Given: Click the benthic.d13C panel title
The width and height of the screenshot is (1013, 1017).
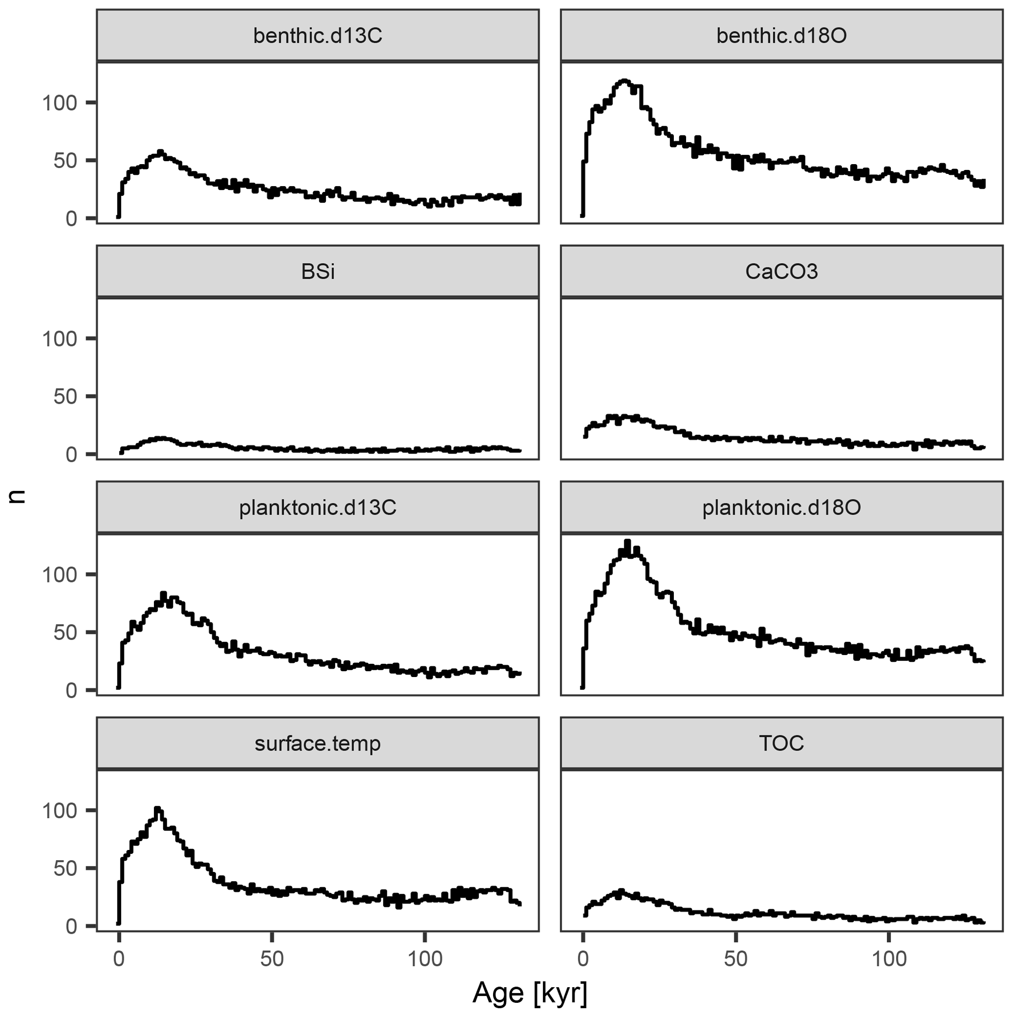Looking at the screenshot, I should click(318, 36).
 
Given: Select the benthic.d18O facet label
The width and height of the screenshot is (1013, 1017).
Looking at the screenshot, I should click(781, 36).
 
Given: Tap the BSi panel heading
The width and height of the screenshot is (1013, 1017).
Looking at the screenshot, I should click(318, 271).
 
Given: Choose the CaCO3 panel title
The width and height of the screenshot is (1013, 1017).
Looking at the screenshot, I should click(781, 271).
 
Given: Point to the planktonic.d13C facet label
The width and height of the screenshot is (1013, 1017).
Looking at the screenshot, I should click(318, 508).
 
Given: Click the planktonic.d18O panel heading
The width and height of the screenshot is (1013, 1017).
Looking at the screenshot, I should click(781, 508).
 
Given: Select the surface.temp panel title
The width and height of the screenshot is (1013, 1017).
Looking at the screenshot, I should click(318, 744).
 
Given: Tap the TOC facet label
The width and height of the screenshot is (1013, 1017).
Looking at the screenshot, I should click(781, 744).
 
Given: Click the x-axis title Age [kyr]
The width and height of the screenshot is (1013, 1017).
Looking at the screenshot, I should click(530, 993).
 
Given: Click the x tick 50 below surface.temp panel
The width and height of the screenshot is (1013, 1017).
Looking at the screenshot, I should click(272, 959).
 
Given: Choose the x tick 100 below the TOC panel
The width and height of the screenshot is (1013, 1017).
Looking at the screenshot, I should click(889, 959).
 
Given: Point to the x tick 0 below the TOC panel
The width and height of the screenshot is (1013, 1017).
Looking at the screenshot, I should click(582, 959).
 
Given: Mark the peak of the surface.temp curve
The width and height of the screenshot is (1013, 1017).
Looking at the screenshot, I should click(157, 808).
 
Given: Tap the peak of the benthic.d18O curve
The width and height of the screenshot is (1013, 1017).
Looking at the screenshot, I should click(624, 81).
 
